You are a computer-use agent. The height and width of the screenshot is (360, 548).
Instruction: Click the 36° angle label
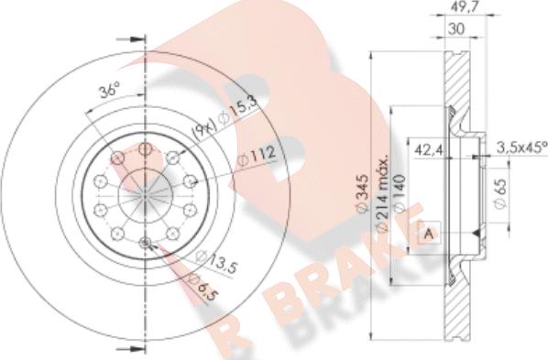pyautogui.click(x=109, y=90)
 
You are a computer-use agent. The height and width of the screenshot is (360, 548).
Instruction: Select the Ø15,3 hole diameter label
pyautogui.click(x=238, y=110)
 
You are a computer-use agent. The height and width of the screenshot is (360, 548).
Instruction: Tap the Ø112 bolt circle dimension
pyautogui.click(x=257, y=157)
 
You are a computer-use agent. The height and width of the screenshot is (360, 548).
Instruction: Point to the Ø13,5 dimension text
pyautogui.click(x=216, y=262)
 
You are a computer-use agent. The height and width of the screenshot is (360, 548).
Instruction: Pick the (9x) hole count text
pyautogui.click(x=205, y=130)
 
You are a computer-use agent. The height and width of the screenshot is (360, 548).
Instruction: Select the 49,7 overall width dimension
pyautogui.click(x=463, y=6)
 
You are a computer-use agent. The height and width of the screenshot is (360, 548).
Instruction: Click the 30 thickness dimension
pyautogui.click(x=456, y=29)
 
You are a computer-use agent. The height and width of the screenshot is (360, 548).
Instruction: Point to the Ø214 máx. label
pyautogui.click(x=381, y=191)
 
